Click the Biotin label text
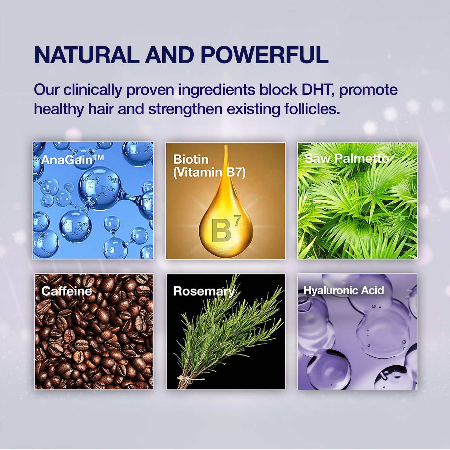pyautogui.click(x=191, y=159)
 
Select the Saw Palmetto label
pyautogui.click(x=347, y=159)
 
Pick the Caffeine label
pyautogui.click(x=67, y=291)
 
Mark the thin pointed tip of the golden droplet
pyautogui.click(x=226, y=146)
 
